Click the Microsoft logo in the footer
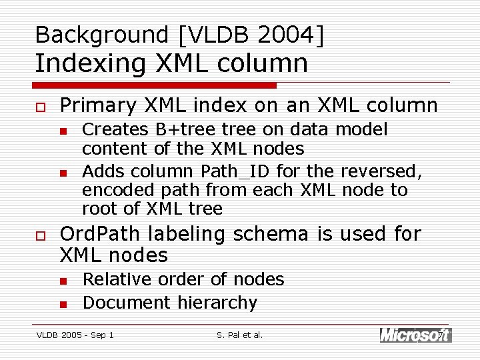click(415, 335)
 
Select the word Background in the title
click(93, 35)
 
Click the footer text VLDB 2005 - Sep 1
click(75, 335)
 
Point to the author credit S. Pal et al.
click(240, 335)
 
